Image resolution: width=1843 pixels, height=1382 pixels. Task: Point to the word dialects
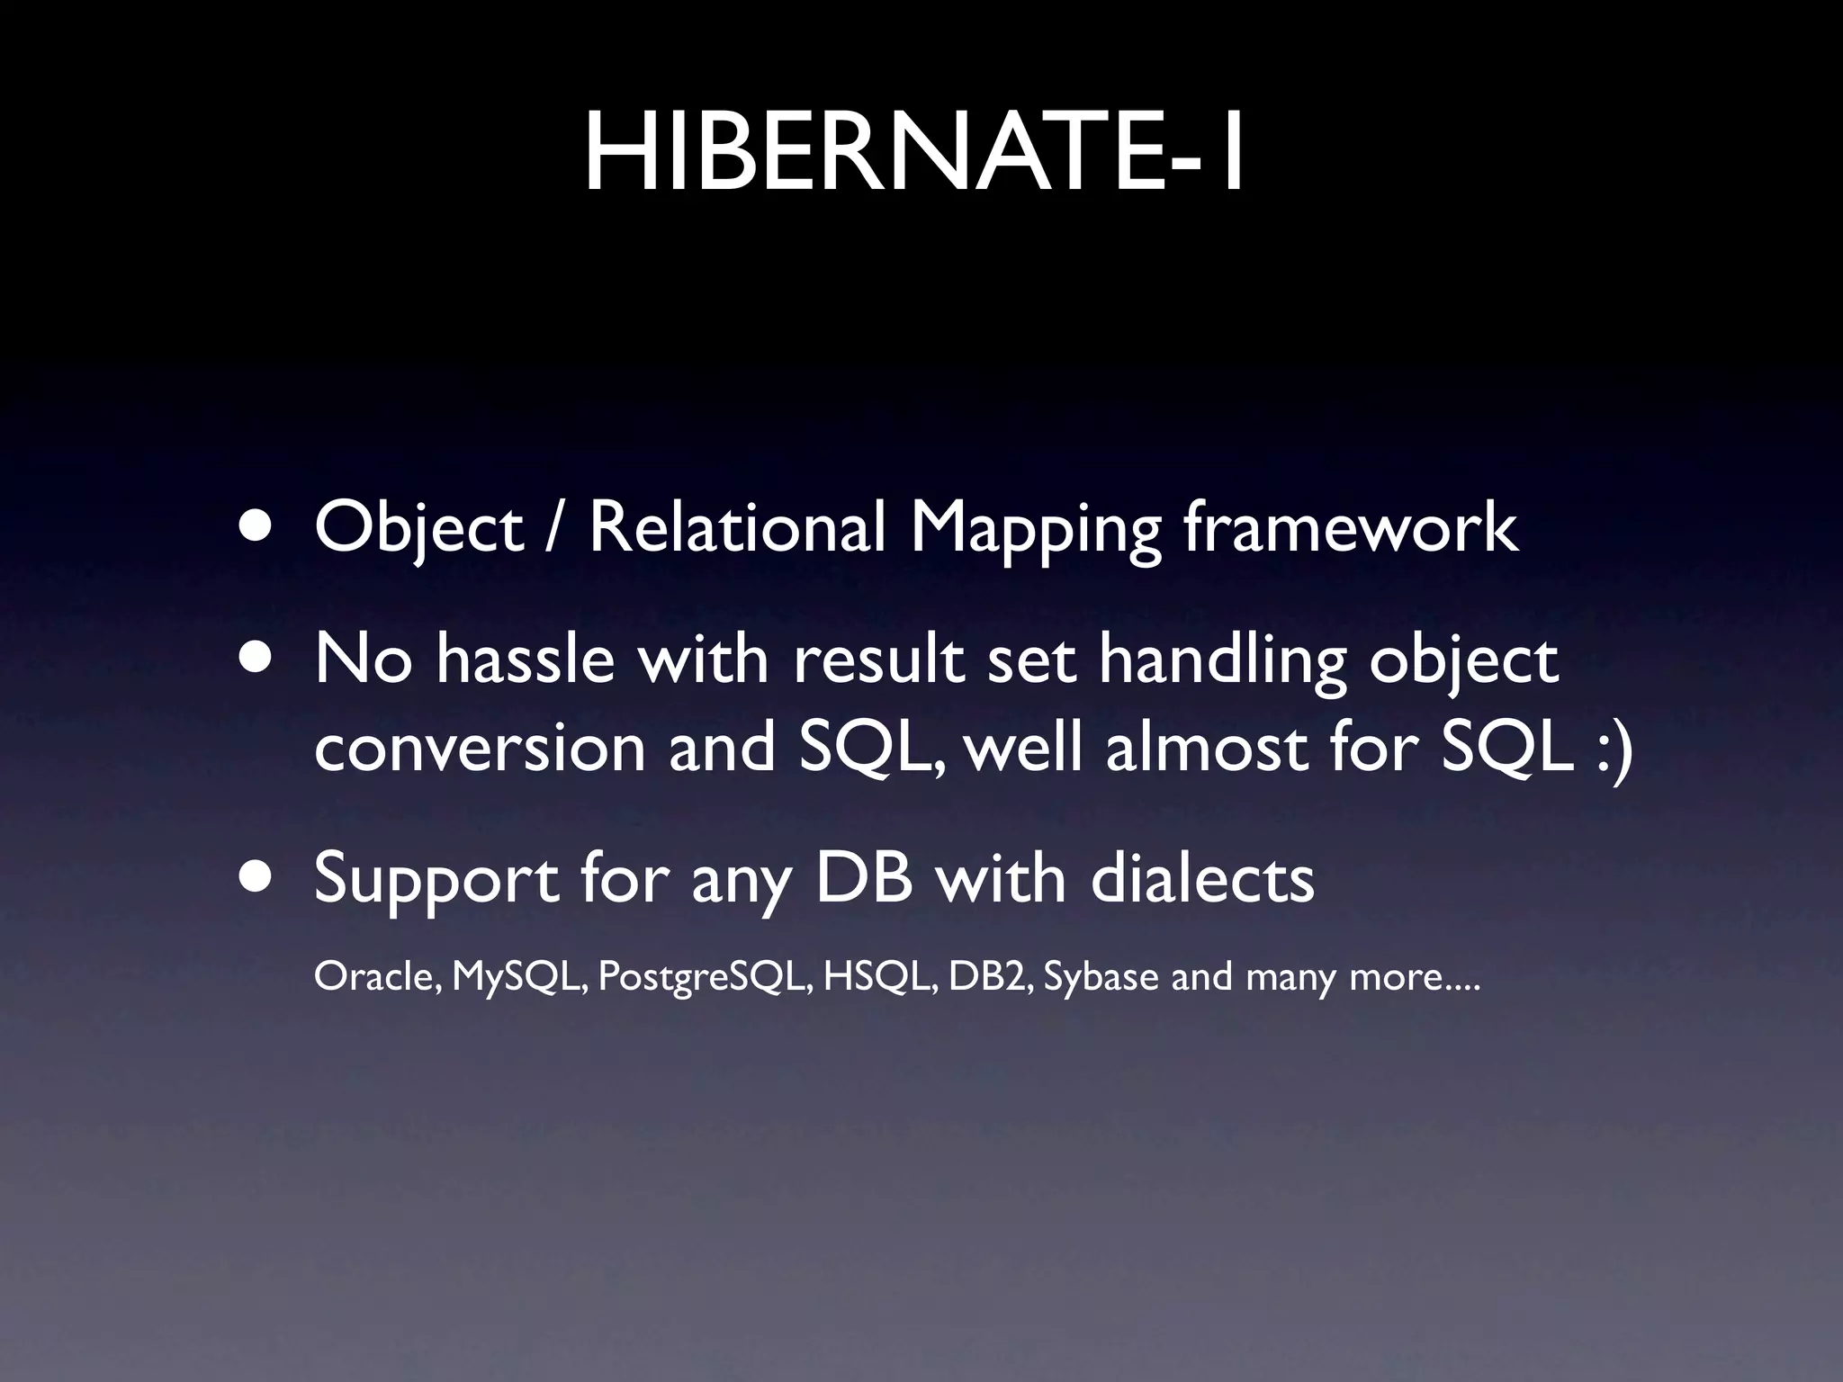coord(1202,877)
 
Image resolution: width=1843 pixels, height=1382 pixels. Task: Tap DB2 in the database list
coord(990,975)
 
